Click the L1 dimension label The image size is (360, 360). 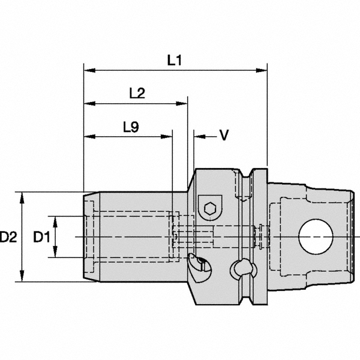[x=175, y=60]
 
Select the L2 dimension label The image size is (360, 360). [x=137, y=93]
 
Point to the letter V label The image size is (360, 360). [x=223, y=136]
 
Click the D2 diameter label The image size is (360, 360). [x=8, y=238]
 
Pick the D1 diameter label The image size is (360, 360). [x=41, y=238]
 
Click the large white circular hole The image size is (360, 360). [x=316, y=237]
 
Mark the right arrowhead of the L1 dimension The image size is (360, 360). [x=262, y=71]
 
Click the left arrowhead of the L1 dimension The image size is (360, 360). [x=88, y=71]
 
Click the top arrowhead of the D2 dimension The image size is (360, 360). [x=22, y=196]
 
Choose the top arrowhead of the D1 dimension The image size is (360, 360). [x=55, y=220]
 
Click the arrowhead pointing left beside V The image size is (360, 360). [x=197, y=137]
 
